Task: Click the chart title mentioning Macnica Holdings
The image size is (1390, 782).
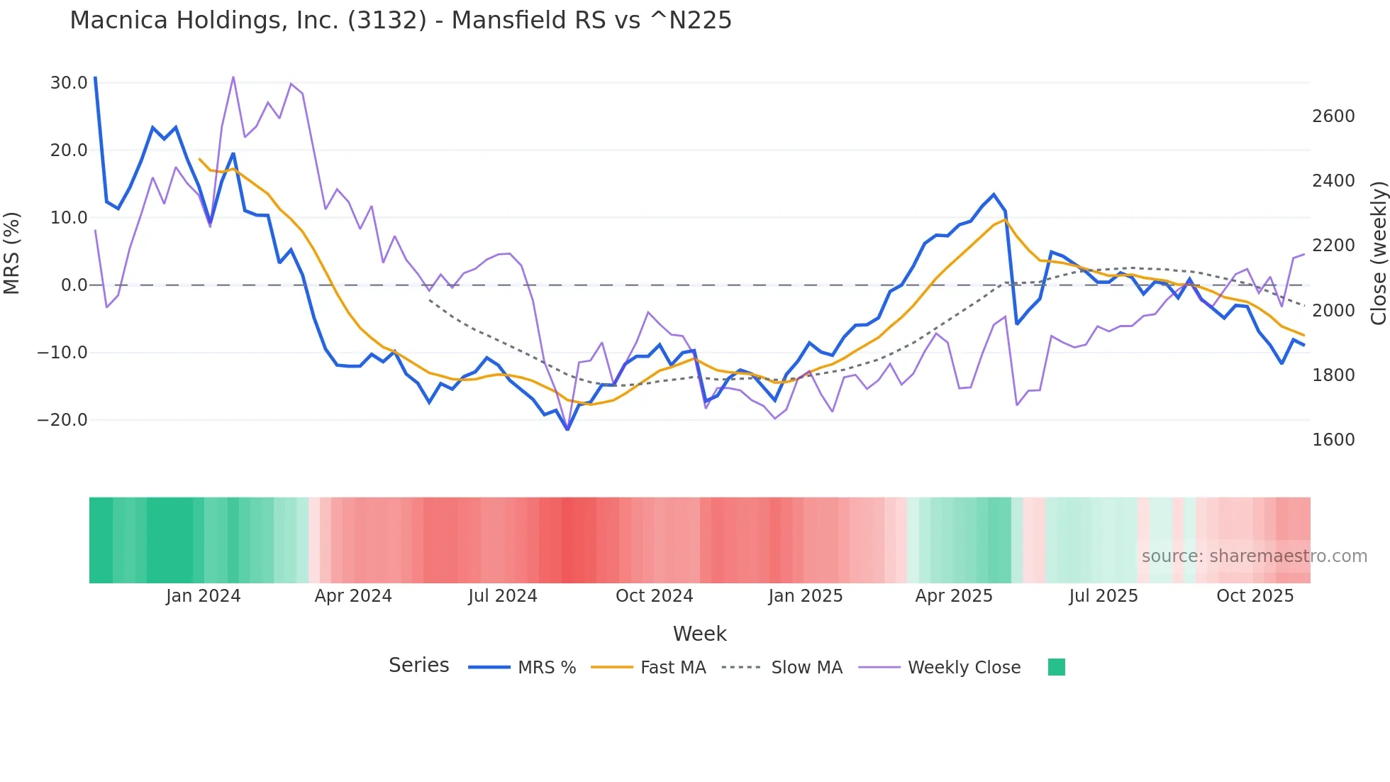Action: (401, 21)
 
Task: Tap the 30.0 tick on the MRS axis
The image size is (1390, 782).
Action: (69, 83)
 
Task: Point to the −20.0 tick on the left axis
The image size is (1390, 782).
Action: (62, 420)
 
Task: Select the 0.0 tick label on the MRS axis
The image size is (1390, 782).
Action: (74, 285)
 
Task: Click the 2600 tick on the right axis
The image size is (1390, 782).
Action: (1333, 116)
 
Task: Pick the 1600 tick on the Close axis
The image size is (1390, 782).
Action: (1333, 440)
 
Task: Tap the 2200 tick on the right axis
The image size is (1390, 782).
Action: (1333, 246)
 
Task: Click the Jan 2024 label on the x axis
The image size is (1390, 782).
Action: (204, 596)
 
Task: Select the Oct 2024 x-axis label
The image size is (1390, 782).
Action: (654, 596)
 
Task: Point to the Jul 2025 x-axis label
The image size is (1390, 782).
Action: (1103, 596)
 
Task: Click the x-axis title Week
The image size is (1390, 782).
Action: (699, 634)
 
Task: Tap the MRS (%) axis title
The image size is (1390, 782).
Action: (12, 253)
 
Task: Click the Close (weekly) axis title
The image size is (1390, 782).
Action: (1378, 253)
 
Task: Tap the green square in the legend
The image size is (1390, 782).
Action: (1056, 667)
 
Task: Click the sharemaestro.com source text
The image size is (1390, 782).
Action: (1254, 556)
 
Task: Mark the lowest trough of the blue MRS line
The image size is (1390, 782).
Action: (567, 429)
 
